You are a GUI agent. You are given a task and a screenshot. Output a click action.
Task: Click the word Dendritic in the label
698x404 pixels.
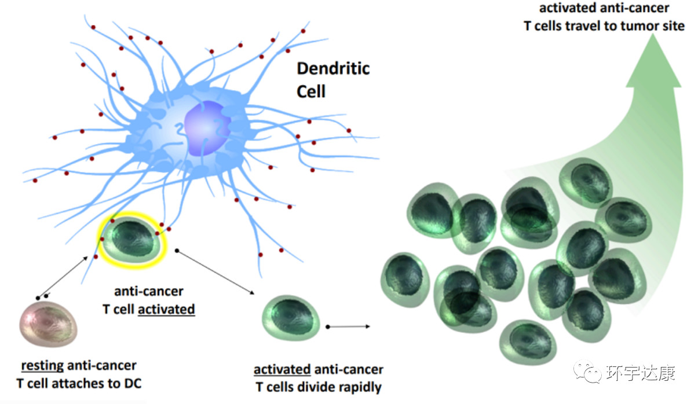point(333,69)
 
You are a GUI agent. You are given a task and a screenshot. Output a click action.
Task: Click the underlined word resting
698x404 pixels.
point(42,366)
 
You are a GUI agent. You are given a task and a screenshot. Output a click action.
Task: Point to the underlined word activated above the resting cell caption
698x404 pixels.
point(166,309)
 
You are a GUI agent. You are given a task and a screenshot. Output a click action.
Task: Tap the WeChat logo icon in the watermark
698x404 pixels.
point(584,372)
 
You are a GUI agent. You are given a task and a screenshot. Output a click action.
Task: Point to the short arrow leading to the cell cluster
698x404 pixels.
point(348,327)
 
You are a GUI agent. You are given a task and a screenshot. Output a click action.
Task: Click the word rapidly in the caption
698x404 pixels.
point(357,387)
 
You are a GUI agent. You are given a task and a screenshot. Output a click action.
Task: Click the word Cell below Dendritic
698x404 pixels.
point(311,91)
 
